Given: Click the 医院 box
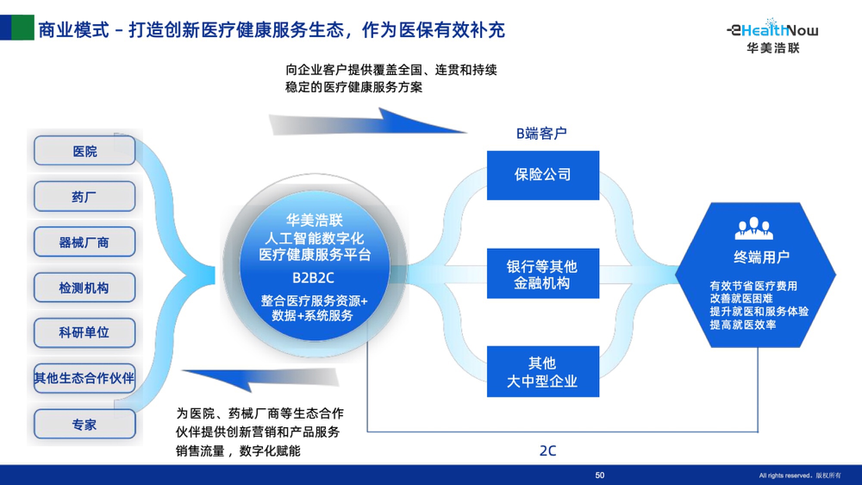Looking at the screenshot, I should (x=84, y=151).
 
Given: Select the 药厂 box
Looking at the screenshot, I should (x=84, y=197).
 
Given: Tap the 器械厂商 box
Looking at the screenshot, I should (x=84, y=242).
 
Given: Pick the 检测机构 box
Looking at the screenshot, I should (x=84, y=288).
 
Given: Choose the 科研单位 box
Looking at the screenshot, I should (x=84, y=332).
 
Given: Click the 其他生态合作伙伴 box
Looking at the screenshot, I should (x=84, y=378).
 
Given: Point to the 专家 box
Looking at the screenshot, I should (x=84, y=424).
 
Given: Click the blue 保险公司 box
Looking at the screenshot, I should (x=543, y=175).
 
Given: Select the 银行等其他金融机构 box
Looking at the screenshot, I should (x=543, y=274).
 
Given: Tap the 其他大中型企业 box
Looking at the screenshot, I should (x=543, y=372).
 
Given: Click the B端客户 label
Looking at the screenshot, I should (x=541, y=134).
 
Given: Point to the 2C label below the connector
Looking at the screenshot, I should (x=548, y=451).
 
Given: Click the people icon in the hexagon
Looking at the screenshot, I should (x=754, y=228).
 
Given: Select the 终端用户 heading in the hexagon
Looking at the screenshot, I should (x=762, y=257).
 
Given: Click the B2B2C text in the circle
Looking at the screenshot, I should (x=313, y=278).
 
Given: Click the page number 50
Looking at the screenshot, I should (x=600, y=475).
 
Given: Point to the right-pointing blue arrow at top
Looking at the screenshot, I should (x=366, y=124).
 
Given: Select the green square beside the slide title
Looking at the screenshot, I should (x=22, y=28).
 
